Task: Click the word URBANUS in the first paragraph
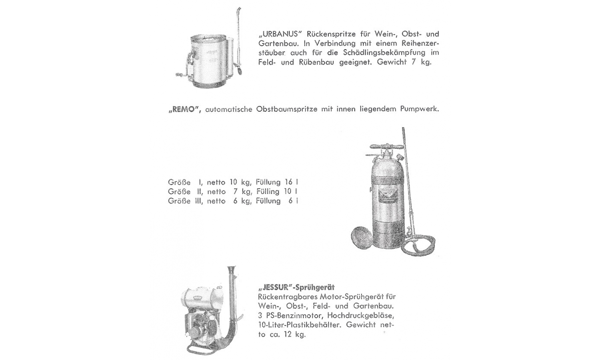(x=280, y=34)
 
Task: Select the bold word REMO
(x=184, y=109)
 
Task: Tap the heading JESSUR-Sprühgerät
(x=296, y=287)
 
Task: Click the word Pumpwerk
(x=419, y=109)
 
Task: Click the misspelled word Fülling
(x=268, y=192)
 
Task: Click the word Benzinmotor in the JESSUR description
(x=292, y=316)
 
